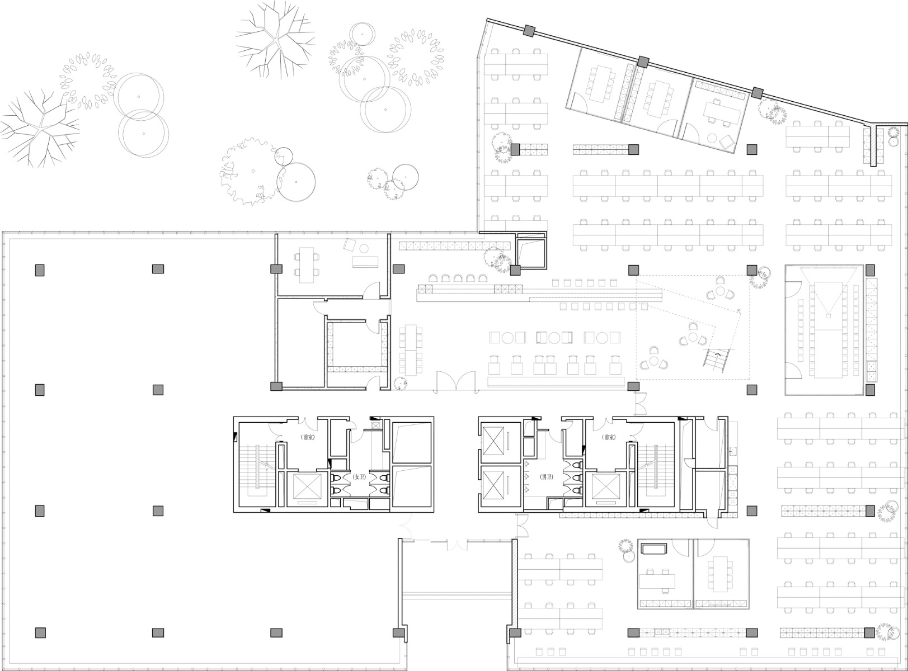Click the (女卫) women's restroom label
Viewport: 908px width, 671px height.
(x=359, y=478)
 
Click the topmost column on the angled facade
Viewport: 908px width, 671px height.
(x=529, y=31)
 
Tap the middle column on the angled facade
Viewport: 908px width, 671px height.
(x=643, y=60)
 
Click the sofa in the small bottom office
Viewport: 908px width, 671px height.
(x=654, y=549)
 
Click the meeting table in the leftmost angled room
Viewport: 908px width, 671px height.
(x=601, y=82)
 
